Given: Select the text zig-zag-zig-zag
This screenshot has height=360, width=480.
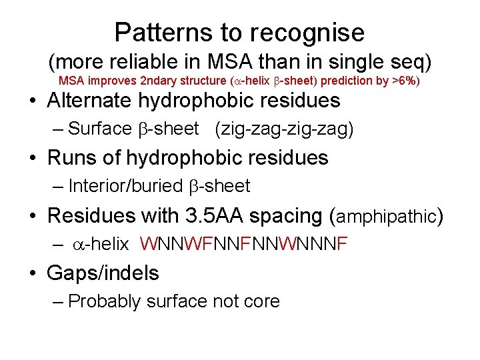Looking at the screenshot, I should click(284, 129).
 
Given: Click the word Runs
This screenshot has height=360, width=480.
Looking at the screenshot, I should click(73, 158).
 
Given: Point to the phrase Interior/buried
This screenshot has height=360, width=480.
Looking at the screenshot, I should click(125, 186).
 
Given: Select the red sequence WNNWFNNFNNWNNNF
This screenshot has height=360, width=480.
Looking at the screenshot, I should click(244, 244).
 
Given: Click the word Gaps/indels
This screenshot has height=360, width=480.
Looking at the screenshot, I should click(103, 273).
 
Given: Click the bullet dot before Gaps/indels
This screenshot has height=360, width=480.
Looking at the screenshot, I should click(33, 273).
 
